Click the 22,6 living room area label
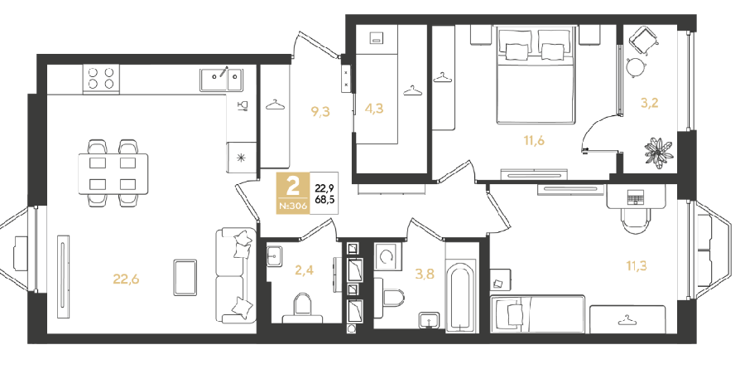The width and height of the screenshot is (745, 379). [x=126, y=279]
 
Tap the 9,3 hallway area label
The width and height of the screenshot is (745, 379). [x=320, y=112]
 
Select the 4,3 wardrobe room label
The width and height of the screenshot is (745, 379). [x=374, y=109]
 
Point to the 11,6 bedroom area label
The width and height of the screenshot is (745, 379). [x=534, y=140]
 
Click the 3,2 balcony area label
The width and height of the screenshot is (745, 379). [x=650, y=102]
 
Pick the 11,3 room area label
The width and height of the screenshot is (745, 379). [x=637, y=265]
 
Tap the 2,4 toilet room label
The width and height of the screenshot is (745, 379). [x=304, y=270]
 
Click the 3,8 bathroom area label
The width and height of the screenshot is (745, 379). [x=425, y=274]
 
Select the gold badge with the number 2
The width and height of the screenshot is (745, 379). [x=293, y=192]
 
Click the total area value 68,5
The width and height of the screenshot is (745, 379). [x=324, y=199]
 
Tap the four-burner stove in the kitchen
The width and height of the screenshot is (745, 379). [x=101, y=79]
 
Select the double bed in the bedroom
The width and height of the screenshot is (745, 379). [x=535, y=75]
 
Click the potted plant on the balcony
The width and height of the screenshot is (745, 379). [x=659, y=153]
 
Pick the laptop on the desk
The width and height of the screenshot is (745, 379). [x=635, y=196]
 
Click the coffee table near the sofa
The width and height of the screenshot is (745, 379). [x=185, y=278]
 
